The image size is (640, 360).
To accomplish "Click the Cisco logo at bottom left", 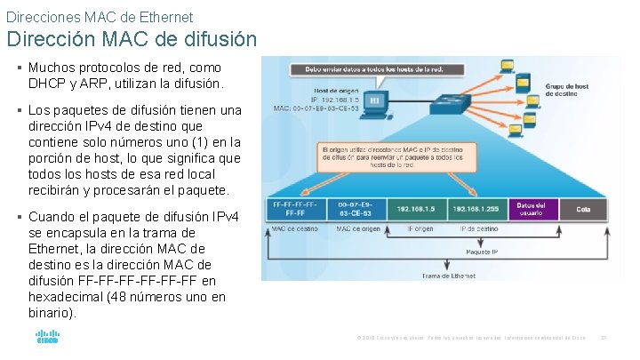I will pos(47,338).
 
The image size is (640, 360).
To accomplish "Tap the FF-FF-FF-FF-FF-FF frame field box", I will pos(294,209).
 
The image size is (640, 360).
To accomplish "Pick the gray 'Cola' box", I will pos(583,209).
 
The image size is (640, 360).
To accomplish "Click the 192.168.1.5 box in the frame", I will pos(417,209).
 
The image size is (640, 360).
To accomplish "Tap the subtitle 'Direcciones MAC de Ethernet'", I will pos(100,16).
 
